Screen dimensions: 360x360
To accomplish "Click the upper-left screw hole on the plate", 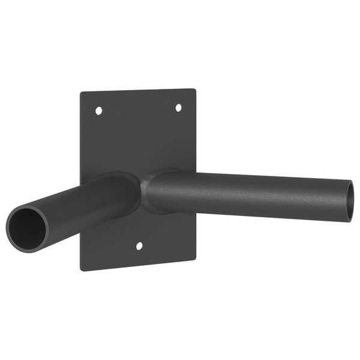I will coord(99,111).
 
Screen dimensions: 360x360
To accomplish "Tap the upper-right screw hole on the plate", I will coord(178,107).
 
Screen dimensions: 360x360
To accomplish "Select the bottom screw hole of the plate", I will coord(140,246).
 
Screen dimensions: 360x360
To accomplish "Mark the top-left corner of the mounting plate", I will coord(82,93).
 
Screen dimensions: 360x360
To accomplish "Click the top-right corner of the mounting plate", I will coord(195,89).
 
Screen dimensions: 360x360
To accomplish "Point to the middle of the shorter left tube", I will coord(78,204).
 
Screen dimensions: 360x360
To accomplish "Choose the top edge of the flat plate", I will coord(138,91).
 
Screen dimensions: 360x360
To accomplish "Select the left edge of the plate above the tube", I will coord(82,138).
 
